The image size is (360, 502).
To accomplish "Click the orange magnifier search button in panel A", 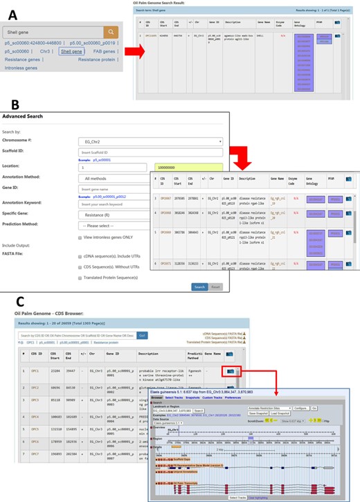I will click(110, 32).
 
